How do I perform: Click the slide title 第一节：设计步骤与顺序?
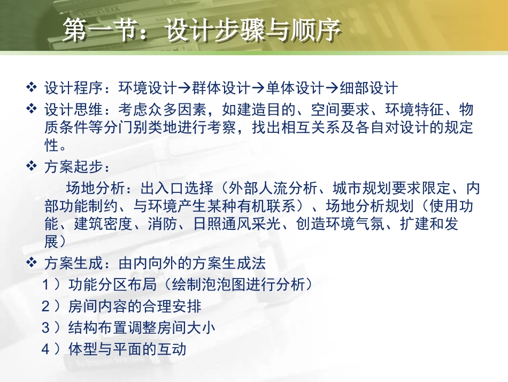click(201, 32)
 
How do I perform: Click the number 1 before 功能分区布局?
click(47, 284)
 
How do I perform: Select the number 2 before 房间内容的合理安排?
click(47, 306)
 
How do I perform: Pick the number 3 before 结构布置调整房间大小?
click(47, 327)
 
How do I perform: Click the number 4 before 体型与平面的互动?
click(47, 349)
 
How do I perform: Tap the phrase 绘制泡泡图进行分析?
click(237, 284)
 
